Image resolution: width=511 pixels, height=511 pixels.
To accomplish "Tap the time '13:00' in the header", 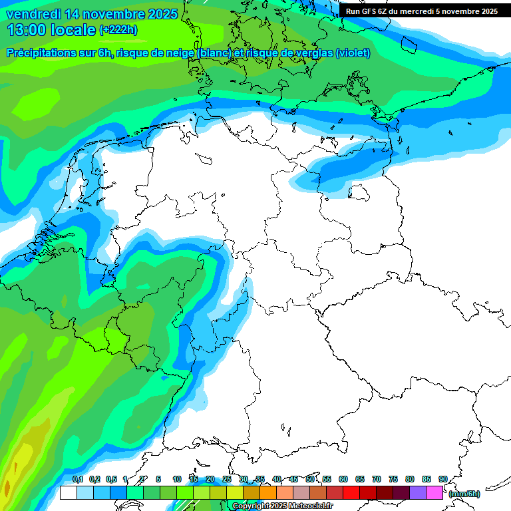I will coord(27,29).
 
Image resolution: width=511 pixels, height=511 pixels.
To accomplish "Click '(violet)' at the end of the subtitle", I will coord(353,53).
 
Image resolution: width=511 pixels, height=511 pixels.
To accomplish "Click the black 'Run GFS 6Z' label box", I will coord(421,11).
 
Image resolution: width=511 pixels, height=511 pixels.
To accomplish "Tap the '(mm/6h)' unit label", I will coord(464,494).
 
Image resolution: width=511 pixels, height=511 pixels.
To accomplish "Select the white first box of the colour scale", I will coord(68,493).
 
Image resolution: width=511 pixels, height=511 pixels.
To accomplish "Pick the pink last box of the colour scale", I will coord(434,493).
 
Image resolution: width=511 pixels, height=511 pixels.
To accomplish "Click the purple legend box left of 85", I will coord(418,493).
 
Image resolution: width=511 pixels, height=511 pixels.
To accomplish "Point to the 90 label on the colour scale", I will coord(442,479).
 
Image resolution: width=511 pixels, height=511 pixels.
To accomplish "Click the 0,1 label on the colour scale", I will coord(77,479).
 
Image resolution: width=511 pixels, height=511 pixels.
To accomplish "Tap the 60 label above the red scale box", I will coord(343,479).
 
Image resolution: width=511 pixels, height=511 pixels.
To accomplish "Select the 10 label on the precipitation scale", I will coord(177,479).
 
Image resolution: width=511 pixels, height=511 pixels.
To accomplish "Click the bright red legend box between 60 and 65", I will coord(351,493).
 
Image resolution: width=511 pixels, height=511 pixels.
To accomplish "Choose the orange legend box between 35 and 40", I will coord(268,493).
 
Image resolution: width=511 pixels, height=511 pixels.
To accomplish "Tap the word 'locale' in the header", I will coord(73,29).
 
